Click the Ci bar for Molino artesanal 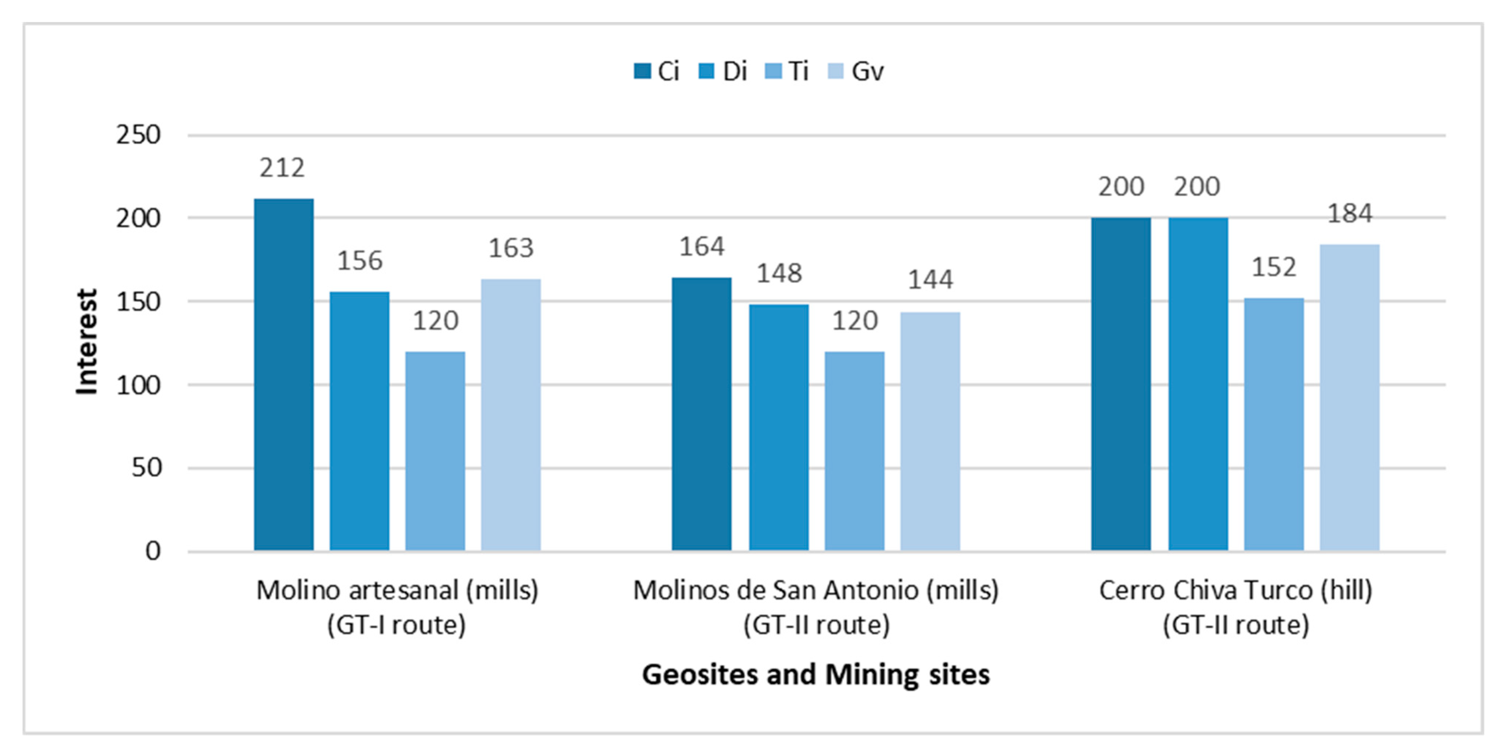point(283,375)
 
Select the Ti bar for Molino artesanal point(435,451)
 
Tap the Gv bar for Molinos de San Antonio point(930,432)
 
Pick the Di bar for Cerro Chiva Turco point(1198,384)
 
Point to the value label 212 point(282,169)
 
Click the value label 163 point(511,248)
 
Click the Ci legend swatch point(643,72)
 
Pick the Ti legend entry point(787,72)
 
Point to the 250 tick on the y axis point(138,135)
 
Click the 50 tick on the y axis point(146,468)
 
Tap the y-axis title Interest point(87,342)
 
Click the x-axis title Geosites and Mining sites point(816,674)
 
